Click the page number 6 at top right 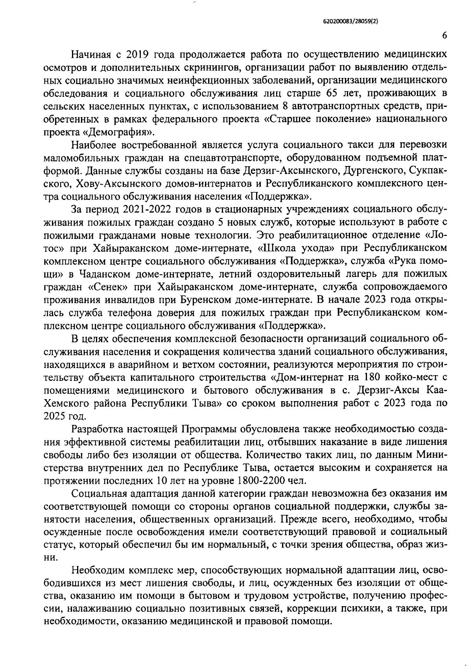tap(444, 35)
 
